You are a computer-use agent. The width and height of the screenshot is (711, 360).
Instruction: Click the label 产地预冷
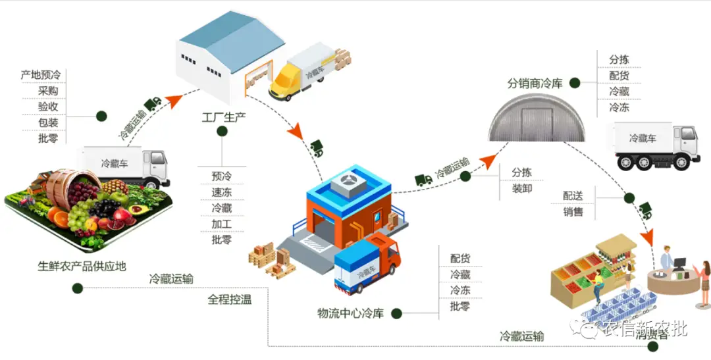coord(40,76)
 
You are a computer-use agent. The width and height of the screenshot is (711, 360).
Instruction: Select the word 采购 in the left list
coord(48,91)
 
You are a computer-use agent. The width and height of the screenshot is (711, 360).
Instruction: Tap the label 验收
coord(48,107)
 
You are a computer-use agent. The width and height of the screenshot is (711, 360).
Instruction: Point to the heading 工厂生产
coord(223,118)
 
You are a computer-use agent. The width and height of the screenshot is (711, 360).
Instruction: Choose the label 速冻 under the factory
coord(222,192)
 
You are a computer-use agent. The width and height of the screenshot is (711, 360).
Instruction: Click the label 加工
coord(222,224)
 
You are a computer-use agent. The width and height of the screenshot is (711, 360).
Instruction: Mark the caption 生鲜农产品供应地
coord(82,267)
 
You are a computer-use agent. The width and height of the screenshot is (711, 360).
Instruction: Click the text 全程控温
coord(229,299)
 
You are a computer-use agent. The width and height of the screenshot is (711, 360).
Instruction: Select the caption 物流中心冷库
coord(350,313)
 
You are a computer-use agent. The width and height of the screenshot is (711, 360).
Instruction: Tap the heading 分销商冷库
coord(535,84)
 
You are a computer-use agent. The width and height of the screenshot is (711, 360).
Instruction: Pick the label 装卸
coord(522,189)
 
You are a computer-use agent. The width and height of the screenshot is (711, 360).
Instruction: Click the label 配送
coord(573,195)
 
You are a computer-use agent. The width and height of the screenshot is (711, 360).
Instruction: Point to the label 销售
coord(573,211)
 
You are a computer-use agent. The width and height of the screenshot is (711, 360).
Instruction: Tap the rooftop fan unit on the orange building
coord(350,184)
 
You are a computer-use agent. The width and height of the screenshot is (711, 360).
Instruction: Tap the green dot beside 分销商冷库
coord(575,83)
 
